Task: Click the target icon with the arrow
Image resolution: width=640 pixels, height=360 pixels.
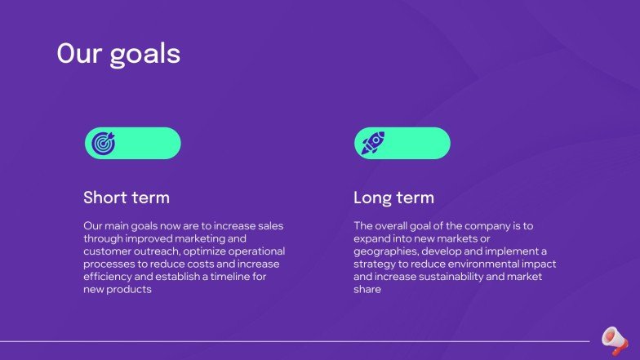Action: pos(103,144)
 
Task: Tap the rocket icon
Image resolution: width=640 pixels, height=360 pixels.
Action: pos(373,144)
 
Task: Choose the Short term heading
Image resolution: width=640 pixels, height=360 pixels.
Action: pos(127,198)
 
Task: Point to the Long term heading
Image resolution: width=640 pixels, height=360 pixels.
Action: pos(393,198)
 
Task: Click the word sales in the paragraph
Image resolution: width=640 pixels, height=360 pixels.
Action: pos(269,225)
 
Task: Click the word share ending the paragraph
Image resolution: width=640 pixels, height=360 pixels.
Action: pos(367,291)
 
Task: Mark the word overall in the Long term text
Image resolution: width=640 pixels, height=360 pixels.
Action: pos(394,225)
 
